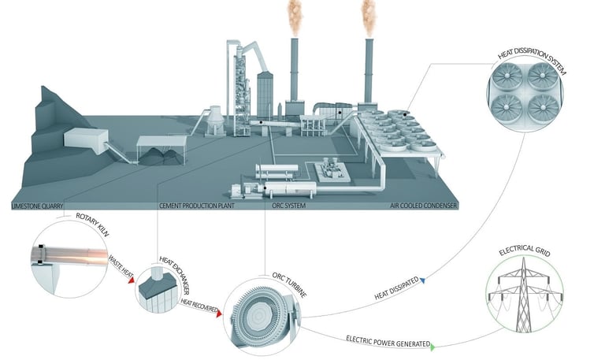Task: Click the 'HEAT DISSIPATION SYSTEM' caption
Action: point(532,58)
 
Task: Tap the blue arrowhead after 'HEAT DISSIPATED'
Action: point(423,279)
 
